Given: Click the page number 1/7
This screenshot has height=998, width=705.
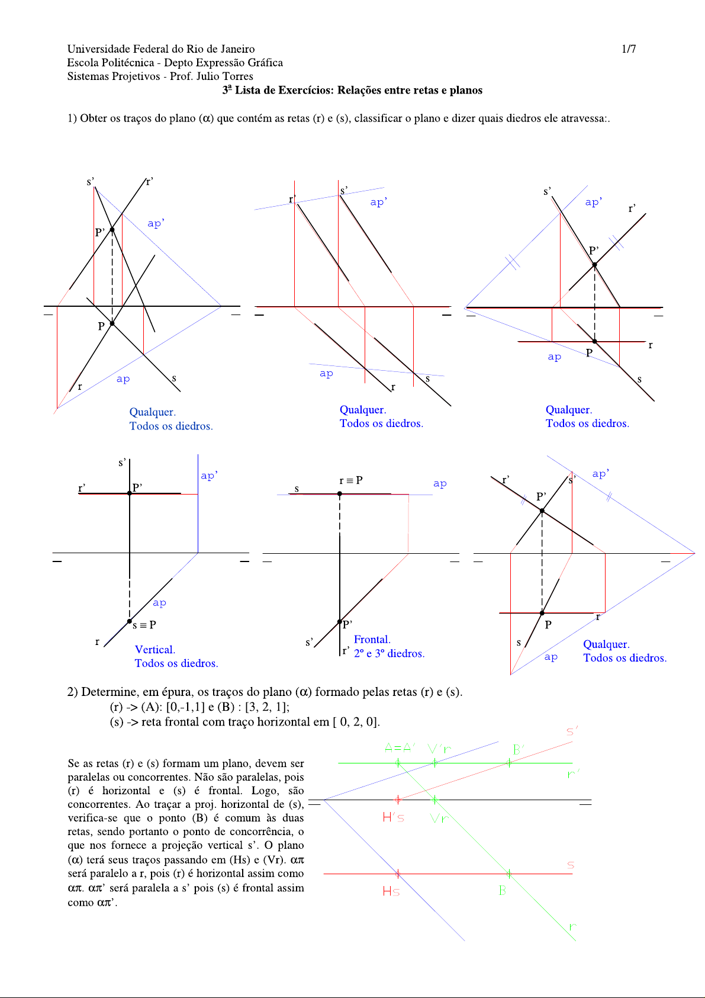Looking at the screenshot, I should pos(629,49).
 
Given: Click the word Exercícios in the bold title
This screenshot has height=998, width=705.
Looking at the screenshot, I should pos(306,91).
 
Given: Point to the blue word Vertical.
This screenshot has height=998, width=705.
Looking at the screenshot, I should pos(155,650).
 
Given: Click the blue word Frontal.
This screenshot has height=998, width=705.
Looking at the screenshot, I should pos(372,640).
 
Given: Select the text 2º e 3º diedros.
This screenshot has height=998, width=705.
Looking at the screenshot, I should pos(389,654).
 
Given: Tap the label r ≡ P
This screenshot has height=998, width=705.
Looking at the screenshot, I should pos(351,480).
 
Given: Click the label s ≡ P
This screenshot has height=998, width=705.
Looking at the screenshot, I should pos(144,625).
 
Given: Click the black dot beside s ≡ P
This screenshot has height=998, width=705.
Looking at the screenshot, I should pos(130,621).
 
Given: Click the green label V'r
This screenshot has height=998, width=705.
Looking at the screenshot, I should pos(439,749).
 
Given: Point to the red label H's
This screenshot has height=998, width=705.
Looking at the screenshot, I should pos(393,818).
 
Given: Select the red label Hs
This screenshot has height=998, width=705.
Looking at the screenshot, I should pos(391,891).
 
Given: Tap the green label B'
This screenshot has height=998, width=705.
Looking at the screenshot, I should pos(519,750).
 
